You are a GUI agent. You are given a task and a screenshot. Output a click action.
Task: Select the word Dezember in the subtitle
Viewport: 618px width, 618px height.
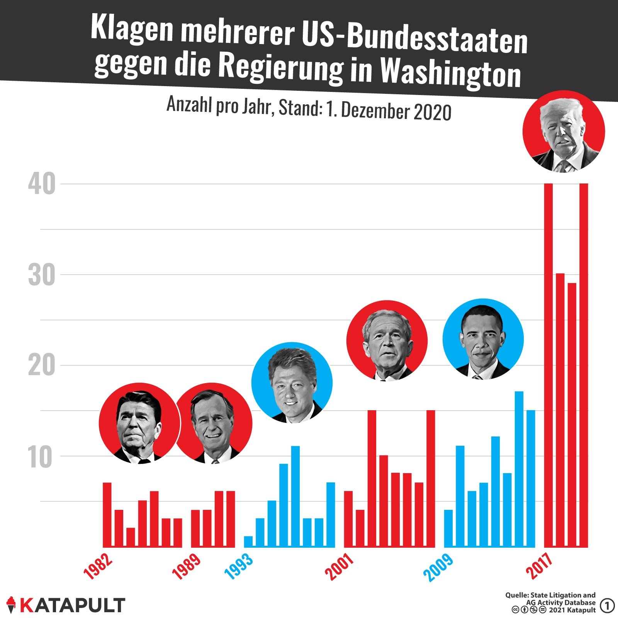click(375, 110)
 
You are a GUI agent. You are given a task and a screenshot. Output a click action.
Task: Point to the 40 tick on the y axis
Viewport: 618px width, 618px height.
click(42, 184)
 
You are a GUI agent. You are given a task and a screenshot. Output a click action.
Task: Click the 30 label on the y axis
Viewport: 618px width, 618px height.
click(42, 275)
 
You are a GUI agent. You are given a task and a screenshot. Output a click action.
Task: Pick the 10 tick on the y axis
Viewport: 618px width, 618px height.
click(40, 457)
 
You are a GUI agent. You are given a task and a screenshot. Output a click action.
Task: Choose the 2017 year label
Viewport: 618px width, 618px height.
click(540, 566)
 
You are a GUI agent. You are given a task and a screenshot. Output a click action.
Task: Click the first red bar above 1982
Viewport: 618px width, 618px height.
click(107, 514)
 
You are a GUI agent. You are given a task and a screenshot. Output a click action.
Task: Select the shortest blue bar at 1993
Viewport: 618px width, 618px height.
click(248, 542)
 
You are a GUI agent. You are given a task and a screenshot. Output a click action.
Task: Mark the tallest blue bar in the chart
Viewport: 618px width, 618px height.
click(519, 469)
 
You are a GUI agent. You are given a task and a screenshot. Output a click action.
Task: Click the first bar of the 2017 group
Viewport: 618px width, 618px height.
click(548, 365)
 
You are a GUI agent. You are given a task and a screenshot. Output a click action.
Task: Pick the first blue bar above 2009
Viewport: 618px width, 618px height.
click(448, 528)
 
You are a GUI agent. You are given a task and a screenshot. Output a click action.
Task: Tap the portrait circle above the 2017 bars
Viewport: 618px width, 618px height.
click(564, 131)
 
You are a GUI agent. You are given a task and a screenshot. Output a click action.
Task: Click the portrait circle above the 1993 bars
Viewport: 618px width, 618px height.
click(292, 382)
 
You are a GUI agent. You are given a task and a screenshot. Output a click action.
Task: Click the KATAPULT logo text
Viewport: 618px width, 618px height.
click(72, 605)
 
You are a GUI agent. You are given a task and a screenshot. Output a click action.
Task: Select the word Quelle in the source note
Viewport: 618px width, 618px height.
click(516, 595)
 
